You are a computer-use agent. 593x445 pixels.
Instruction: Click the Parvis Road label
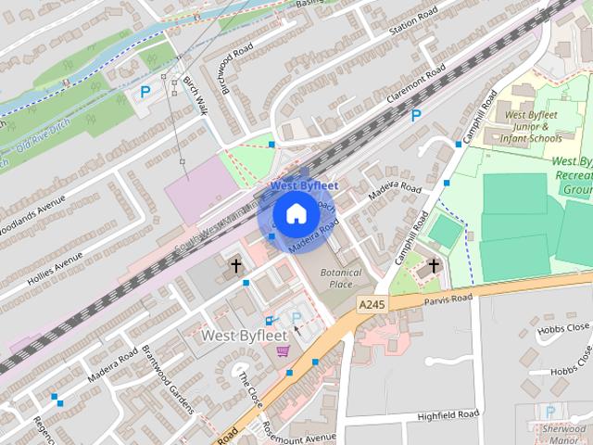pyautogui.click(x=448, y=299)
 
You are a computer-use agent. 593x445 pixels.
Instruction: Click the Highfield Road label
pyautogui.click(x=448, y=414)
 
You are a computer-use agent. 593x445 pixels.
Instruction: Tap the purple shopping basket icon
pyautogui.click(x=282, y=350)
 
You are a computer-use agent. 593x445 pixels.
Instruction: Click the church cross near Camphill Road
pyautogui.click(x=433, y=267)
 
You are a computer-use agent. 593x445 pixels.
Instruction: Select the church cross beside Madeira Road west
pyautogui.click(x=236, y=267)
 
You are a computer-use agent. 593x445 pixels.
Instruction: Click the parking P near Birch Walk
pyautogui.click(x=145, y=92)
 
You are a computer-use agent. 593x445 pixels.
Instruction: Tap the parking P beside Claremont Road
pyautogui.click(x=416, y=116)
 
